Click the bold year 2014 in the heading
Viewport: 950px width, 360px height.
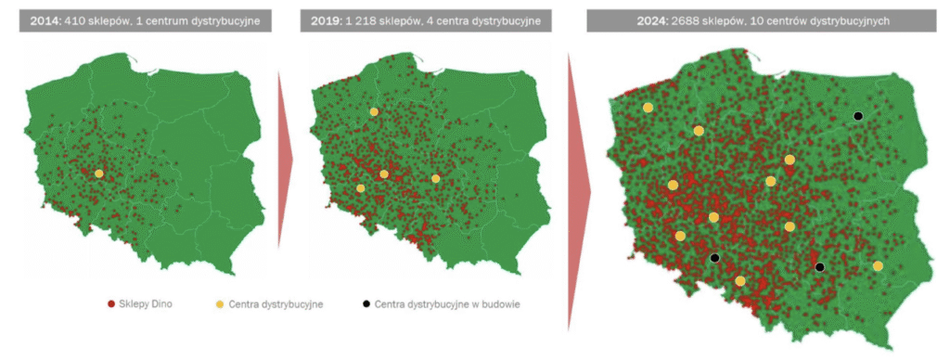[x=46, y=20]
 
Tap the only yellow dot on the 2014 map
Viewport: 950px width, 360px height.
[x=98, y=173]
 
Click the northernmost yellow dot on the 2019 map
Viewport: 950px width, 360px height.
[x=374, y=111]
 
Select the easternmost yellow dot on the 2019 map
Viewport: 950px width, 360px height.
[x=435, y=178]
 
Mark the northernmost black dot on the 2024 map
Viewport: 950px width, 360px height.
[x=858, y=115]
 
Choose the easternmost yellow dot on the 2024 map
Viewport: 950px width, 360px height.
[x=878, y=266]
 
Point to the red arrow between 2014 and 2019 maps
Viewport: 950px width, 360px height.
[x=285, y=158]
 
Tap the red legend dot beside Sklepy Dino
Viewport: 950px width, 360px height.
[x=111, y=303]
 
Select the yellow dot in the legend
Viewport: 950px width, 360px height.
[x=220, y=303]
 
